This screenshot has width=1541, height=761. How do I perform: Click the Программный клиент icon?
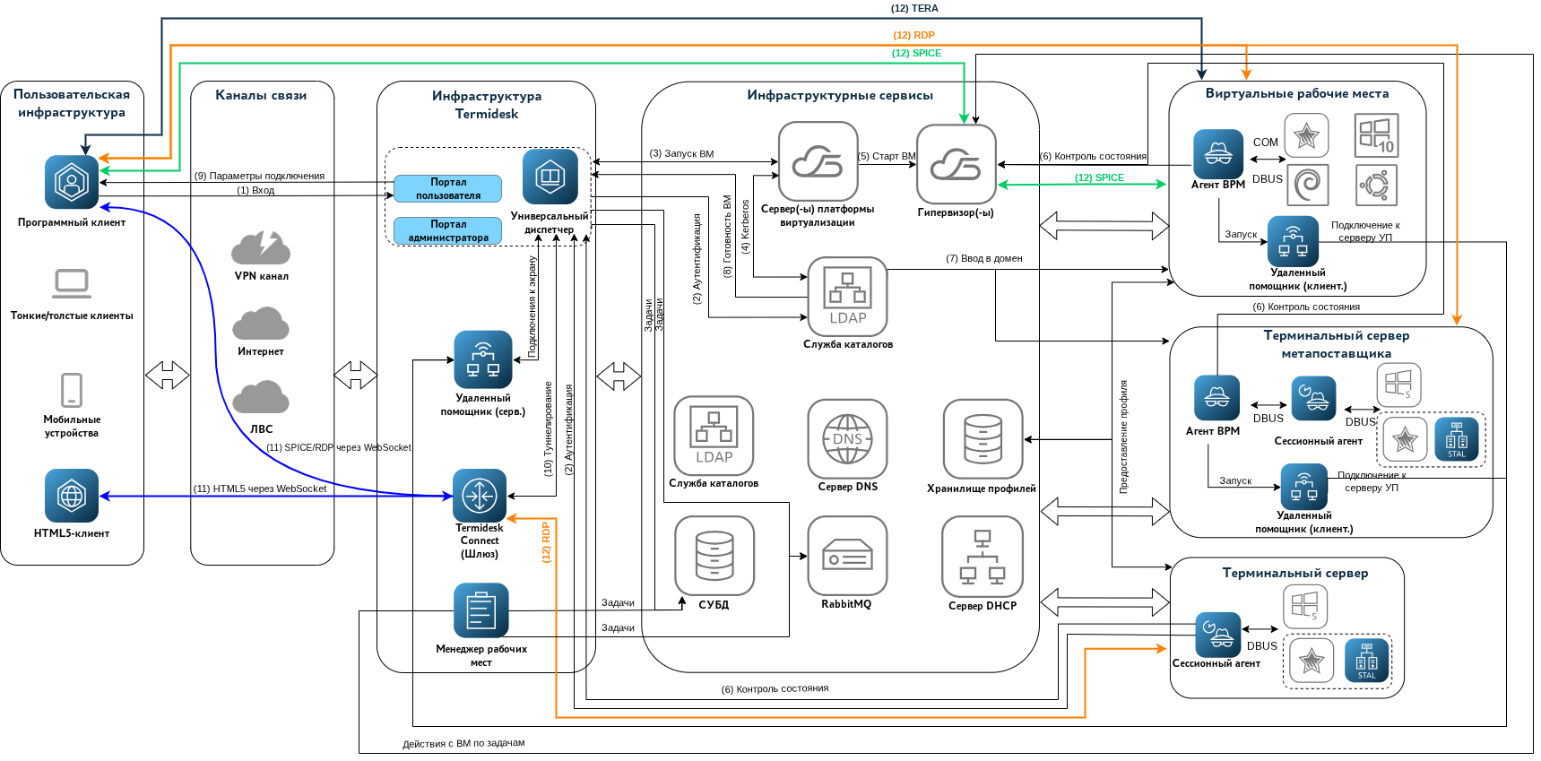pyautogui.click(x=72, y=182)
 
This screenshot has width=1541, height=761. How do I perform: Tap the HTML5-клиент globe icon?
pyautogui.click(x=72, y=495)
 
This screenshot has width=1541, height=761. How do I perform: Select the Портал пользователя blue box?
pyautogui.click(x=448, y=188)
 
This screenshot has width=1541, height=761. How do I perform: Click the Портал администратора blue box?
pyautogui.click(x=448, y=230)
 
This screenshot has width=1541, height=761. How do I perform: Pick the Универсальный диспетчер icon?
pyautogui.click(x=550, y=177)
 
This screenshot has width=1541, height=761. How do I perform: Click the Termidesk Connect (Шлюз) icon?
pyautogui.click(x=480, y=496)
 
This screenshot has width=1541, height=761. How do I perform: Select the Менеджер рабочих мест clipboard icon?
pyautogui.click(x=481, y=610)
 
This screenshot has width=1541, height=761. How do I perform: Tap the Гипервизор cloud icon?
pyautogui.click(x=957, y=164)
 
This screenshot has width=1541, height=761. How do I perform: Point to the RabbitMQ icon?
pyautogui.click(x=847, y=556)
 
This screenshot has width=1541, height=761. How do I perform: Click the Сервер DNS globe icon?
pyautogui.click(x=847, y=439)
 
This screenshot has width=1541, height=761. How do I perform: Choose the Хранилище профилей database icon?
pyautogui.click(x=983, y=439)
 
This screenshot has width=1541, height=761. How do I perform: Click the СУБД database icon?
pyautogui.click(x=714, y=556)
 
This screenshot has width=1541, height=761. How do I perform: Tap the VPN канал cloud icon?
pyautogui.click(x=261, y=247)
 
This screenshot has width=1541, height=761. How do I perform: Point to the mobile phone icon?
pyautogui.click(x=72, y=391)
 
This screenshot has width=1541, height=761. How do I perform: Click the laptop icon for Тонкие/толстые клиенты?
pyautogui.click(x=72, y=284)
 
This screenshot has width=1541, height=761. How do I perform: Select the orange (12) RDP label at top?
pyautogui.click(x=913, y=35)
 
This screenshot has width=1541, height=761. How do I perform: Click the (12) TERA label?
pyautogui.click(x=914, y=8)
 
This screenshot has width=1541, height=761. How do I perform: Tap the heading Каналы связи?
pyautogui.click(x=261, y=95)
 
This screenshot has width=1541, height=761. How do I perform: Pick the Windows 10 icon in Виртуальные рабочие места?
pyautogui.click(x=1376, y=135)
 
